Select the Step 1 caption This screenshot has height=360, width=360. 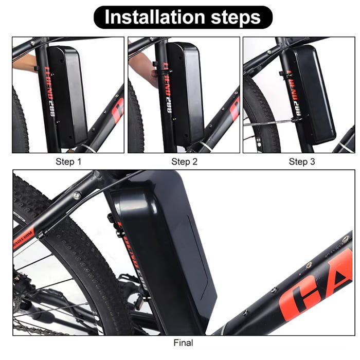[68, 162]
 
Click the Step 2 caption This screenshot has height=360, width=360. [184, 162]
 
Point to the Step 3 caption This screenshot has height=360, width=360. [301, 162]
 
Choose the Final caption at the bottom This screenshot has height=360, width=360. [184, 342]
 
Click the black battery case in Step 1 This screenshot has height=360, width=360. [68, 95]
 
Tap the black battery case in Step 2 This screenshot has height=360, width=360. [186, 93]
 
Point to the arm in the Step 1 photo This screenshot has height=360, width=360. [23, 63]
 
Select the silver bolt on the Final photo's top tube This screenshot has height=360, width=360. [77, 195]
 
